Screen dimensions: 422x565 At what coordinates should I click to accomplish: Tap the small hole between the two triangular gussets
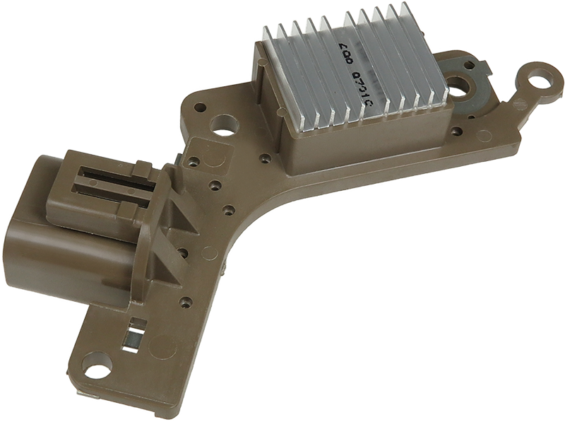pos(182,251)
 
